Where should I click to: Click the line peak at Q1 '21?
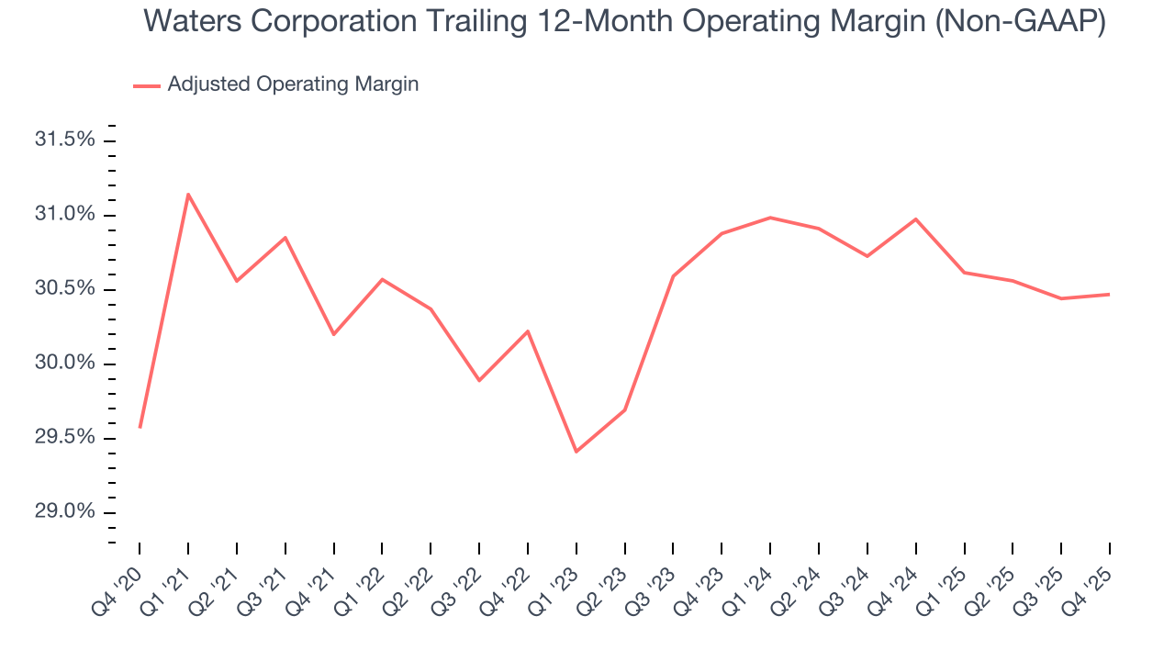point(188,194)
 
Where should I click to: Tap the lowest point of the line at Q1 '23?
point(576,452)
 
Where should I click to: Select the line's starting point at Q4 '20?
point(140,428)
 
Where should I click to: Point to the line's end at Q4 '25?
point(1110,294)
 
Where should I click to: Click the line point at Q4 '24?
point(916,218)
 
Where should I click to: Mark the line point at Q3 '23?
point(673,276)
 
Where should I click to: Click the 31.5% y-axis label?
point(64,140)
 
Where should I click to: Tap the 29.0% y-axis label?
point(64,511)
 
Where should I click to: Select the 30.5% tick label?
point(64,289)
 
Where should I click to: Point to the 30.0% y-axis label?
point(64,364)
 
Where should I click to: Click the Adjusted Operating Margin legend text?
point(293,84)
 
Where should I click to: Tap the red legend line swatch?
point(147,85)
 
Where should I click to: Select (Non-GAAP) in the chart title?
point(1019,22)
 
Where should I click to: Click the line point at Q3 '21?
point(285,238)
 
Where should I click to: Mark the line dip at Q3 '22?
point(479,380)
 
